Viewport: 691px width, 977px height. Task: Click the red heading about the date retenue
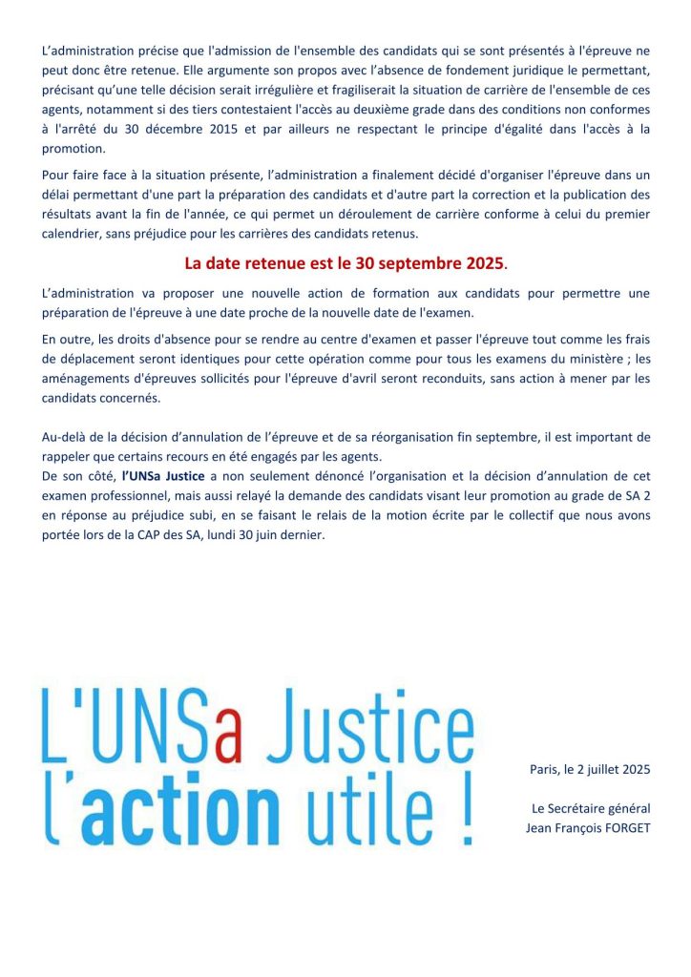pyautogui.click(x=345, y=262)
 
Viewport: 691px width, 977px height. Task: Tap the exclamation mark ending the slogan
pyautogui.click(x=464, y=811)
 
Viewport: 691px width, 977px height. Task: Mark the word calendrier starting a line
pyautogui.click(x=73, y=234)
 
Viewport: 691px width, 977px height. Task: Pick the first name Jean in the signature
pyautogui.click(x=540, y=827)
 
